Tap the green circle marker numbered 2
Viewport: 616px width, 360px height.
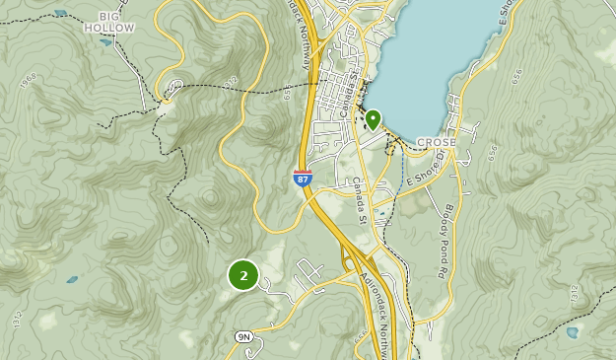[243, 275]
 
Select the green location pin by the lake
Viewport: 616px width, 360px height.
[373, 120]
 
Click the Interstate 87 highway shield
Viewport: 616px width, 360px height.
[303, 179]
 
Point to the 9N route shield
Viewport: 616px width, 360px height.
[244, 336]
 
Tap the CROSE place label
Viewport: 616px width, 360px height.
[437, 143]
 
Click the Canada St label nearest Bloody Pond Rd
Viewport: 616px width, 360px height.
[362, 198]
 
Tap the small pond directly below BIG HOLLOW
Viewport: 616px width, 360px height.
[105, 42]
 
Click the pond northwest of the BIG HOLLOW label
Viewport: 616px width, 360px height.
[61, 13]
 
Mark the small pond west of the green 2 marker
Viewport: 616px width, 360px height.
[72, 279]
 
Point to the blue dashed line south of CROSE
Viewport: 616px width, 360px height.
[403, 170]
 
